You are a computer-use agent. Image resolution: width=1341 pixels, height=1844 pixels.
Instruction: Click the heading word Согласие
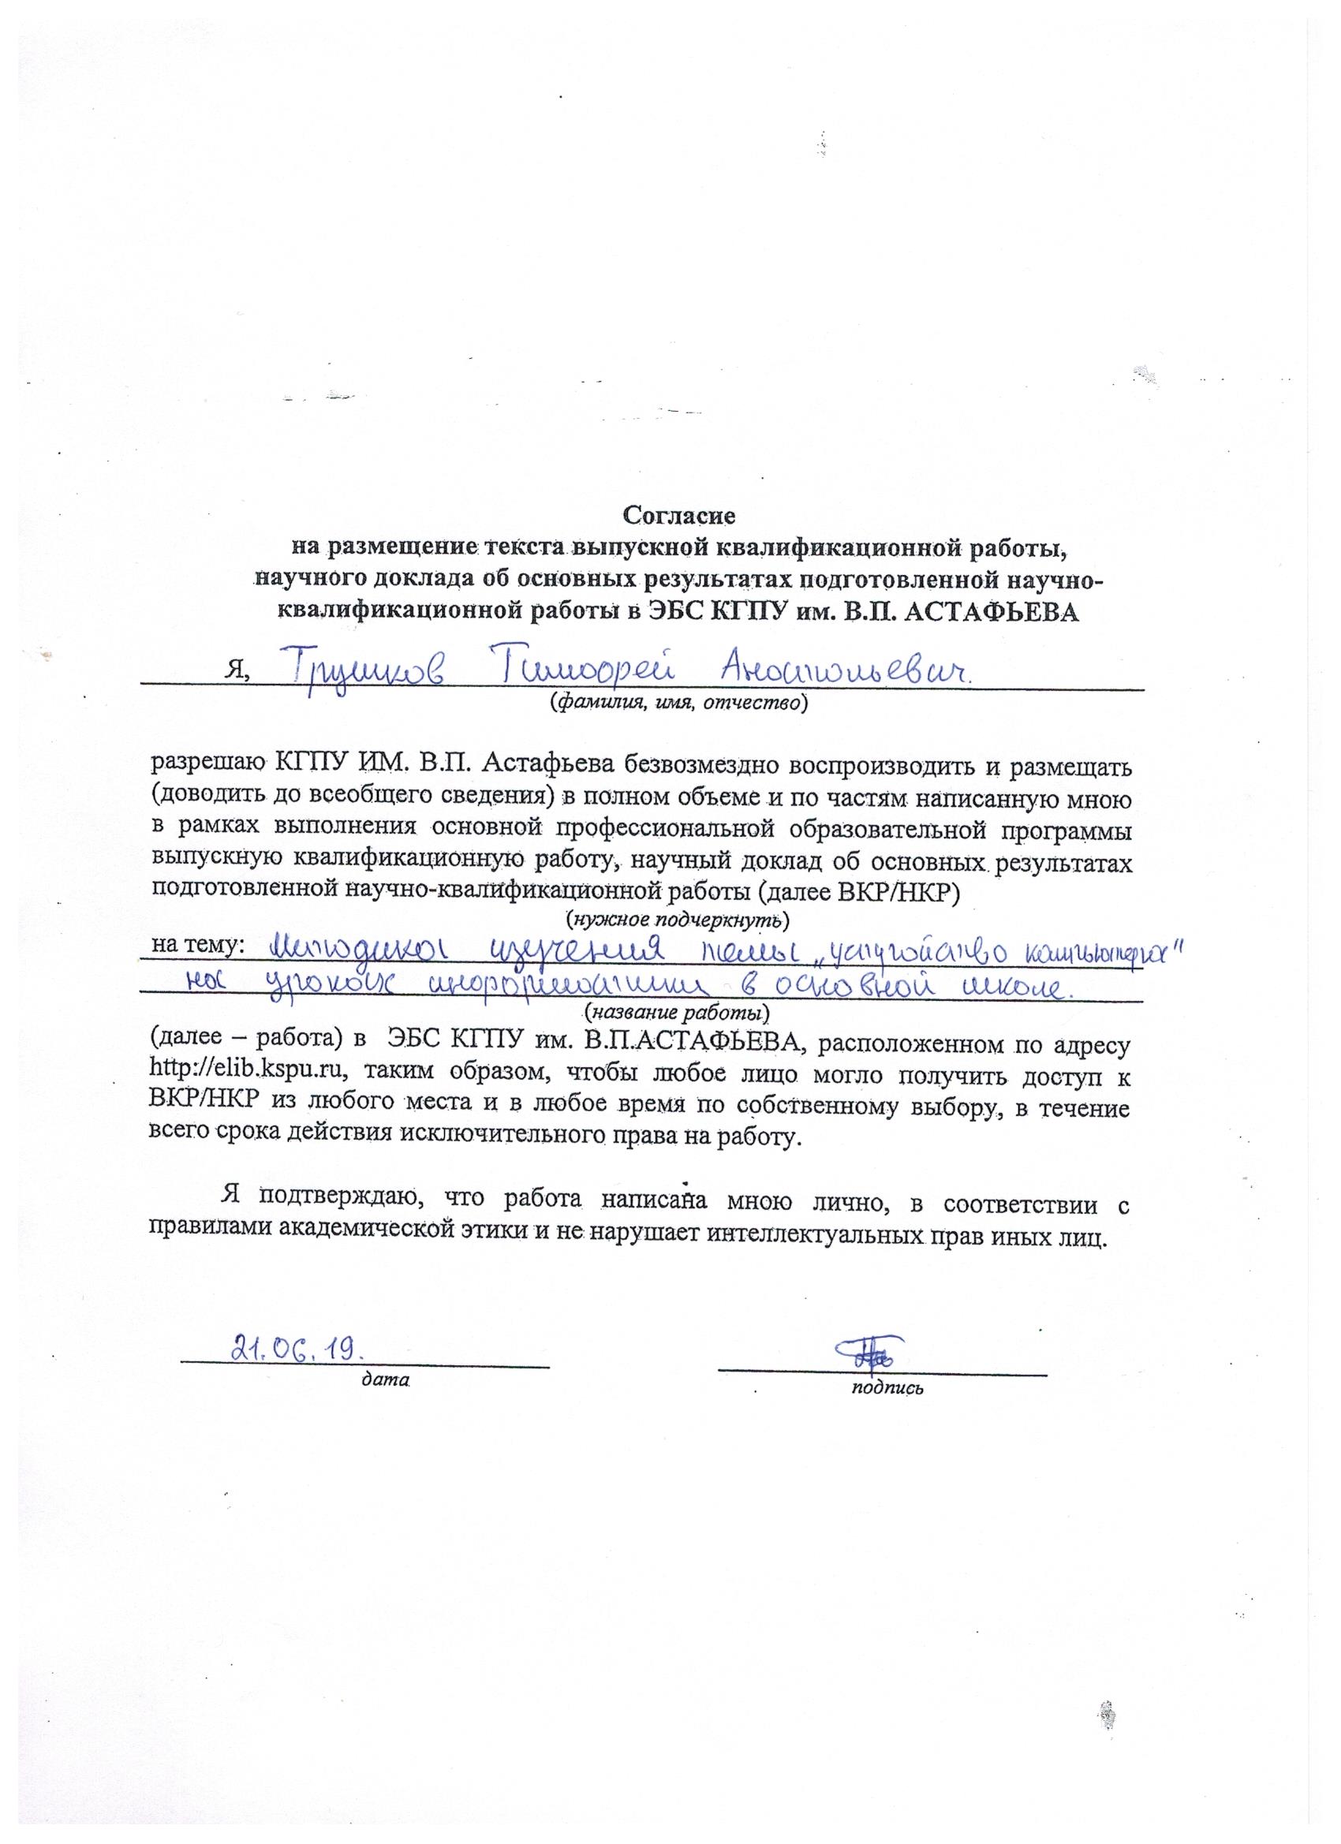(x=679, y=515)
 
